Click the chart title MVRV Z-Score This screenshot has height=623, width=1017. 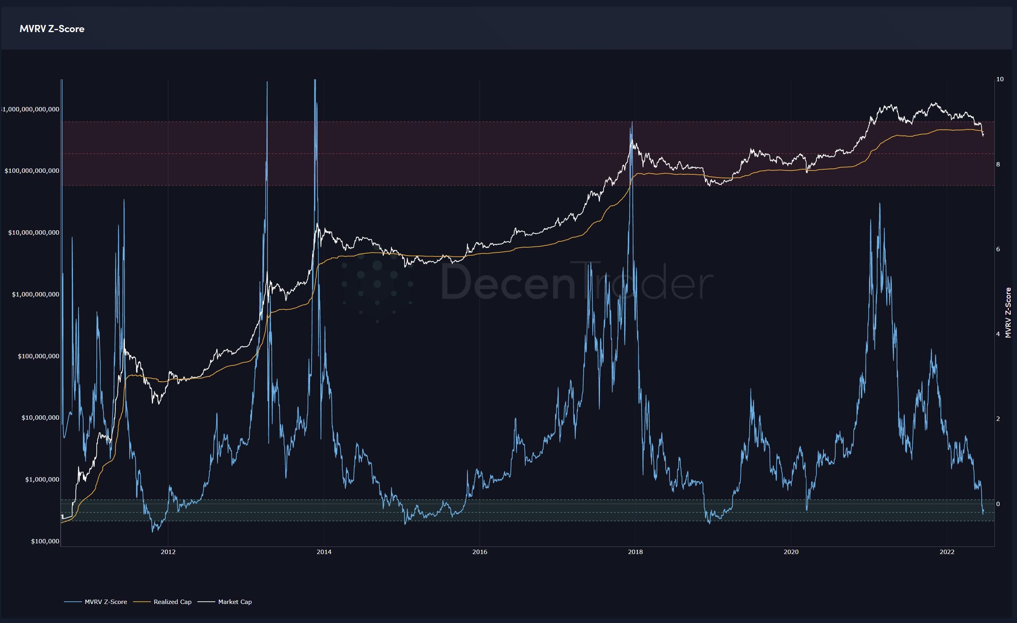(x=52, y=29)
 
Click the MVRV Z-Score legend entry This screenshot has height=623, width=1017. (x=105, y=602)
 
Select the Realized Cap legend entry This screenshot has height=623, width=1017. (x=172, y=602)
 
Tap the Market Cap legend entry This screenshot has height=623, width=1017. (x=234, y=602)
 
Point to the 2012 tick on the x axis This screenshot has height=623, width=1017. (x=168, y=552)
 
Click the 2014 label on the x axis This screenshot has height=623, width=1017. (x=324, y=552)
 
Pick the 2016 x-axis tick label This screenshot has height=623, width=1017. (x=480, y=552)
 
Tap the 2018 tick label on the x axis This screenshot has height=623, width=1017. (x=635, y=552)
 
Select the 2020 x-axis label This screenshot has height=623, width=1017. (x=791, y=552)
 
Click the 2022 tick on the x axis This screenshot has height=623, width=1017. (x=947, y=552)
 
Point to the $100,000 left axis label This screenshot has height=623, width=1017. (x=45, y=541)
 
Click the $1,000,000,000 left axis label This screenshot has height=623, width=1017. (x=36, y=294)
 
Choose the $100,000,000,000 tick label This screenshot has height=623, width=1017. (x=32, y=171)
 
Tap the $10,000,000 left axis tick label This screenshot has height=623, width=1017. (x=40, y=418)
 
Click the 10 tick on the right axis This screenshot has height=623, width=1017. (x=1000, y=79)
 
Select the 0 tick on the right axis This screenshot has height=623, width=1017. (x=998, y=504)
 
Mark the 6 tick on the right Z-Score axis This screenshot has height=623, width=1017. (x=998, y=249)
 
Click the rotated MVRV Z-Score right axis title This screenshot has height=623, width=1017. (x=1008, y=313)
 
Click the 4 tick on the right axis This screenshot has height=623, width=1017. (x=998, y=334)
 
